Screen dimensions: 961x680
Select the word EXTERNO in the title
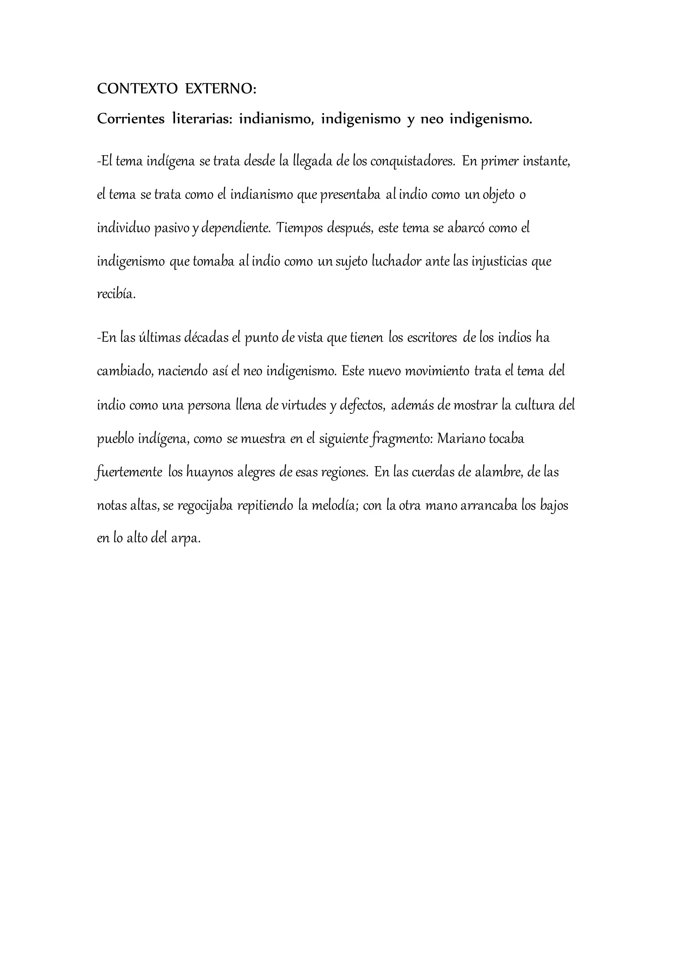[x=220, y=89]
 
